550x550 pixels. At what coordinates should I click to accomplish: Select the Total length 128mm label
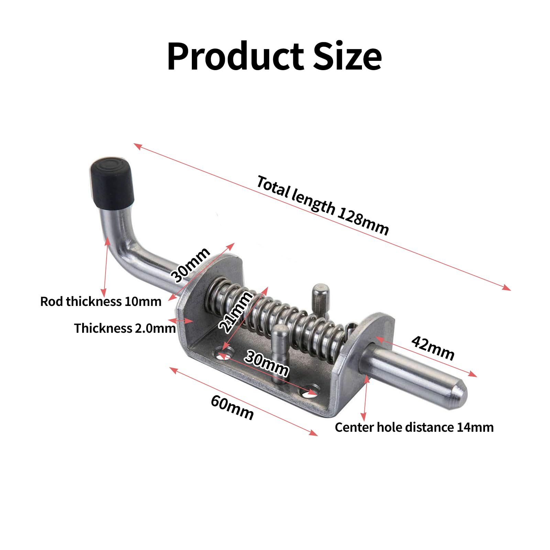[x=322, y=205]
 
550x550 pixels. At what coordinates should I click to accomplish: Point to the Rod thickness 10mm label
[x=101, y=301]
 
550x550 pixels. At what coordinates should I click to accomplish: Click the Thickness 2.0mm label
[x=124, y=328]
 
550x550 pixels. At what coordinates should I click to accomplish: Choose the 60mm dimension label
[x=232, y=407]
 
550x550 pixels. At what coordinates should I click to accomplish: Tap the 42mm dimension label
[x=433, y=348]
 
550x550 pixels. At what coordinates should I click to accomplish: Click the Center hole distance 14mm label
[x=414, y=427]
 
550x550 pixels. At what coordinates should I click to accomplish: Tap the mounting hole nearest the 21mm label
[x=224, y=355]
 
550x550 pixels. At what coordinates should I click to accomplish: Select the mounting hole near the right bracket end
[x=310, y=393]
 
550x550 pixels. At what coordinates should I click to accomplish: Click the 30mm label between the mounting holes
[x=266, y=364]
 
